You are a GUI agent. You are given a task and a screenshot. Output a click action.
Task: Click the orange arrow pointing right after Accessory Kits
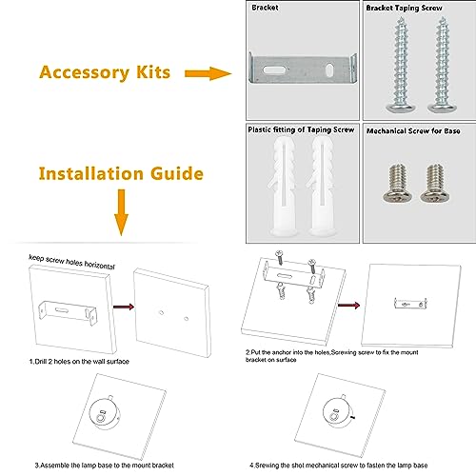pos(208,73)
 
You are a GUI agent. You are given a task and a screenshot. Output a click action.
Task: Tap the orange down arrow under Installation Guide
pos(121,212)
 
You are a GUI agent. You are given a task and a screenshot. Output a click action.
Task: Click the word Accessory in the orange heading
pos(85,73)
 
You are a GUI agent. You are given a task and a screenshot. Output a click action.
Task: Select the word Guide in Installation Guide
pos(177,173)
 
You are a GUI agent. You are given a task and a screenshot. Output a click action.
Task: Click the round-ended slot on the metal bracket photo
pos(274,69)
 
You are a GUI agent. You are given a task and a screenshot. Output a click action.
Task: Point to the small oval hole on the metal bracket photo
pos(329,69)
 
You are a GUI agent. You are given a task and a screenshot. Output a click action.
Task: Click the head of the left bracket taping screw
pos(401,108)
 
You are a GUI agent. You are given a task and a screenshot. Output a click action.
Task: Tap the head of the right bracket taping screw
pos(443,108)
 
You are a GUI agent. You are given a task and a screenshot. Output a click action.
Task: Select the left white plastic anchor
pos(282,187)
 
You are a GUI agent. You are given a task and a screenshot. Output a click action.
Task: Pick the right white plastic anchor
pos(322,187)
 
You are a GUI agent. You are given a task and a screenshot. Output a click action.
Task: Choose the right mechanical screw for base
pos(435,184)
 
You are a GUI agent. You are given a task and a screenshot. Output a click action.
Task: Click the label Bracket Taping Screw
pos(404,8)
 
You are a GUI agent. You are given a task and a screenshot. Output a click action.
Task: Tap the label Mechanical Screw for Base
pos(413,130)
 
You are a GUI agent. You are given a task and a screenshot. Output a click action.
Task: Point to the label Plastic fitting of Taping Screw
pos(301,129)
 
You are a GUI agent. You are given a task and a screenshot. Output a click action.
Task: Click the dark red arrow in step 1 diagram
pos(124,307)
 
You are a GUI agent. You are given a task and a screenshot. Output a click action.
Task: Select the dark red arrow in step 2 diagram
pos(348,306)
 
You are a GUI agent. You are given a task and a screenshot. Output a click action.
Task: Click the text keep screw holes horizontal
pos(71,262)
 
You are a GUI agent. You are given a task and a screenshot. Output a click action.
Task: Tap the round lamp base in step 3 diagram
pos(105,414)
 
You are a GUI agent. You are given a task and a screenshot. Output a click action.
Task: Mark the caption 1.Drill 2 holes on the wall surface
pos(79,362)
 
